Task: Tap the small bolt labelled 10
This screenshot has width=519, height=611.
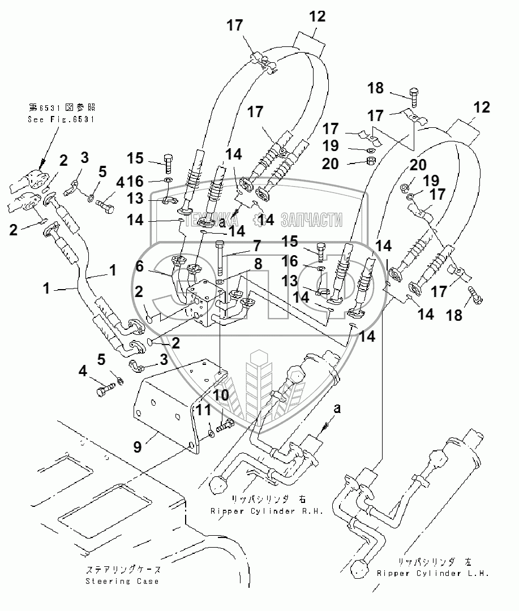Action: [228, 423]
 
